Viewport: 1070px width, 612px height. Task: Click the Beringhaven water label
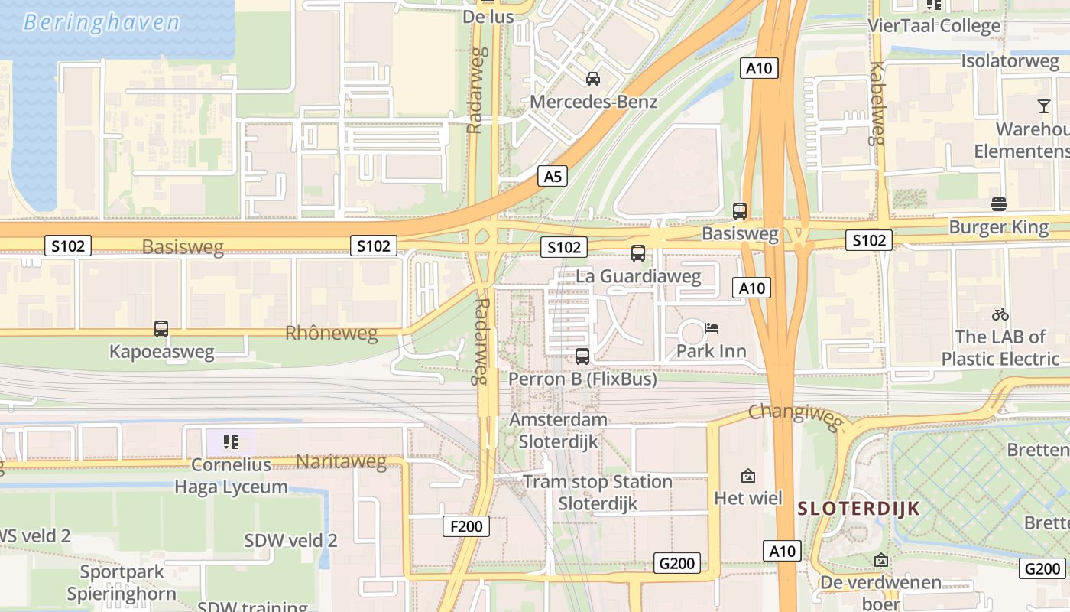coord(101,22)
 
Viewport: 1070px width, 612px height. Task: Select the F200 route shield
coord(465,526)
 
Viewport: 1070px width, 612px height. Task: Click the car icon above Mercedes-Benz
coord(592,79)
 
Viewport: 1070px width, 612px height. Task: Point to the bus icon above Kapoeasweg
coord(161,329)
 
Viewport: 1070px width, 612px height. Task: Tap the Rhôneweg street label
coord(332,334)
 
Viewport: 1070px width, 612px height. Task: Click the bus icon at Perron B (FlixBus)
coord(582,356)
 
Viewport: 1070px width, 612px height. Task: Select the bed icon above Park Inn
coord(712,328)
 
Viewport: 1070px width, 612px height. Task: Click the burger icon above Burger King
coord(998,203)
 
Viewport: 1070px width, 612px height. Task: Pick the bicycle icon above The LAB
coord(1000,314)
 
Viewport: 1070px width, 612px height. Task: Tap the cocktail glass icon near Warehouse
coord(1043,106)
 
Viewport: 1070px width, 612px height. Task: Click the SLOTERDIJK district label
coord(858,509)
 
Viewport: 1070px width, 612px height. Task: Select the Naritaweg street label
coord(341,461)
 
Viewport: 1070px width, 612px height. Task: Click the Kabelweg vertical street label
coord(876,103)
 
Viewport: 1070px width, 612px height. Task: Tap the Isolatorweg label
coord(1010,61)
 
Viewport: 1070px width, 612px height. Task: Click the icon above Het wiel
coord(748,476)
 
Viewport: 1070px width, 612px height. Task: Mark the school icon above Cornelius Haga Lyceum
coord(231,441)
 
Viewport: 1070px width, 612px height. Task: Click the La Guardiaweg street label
coord(638,276)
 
